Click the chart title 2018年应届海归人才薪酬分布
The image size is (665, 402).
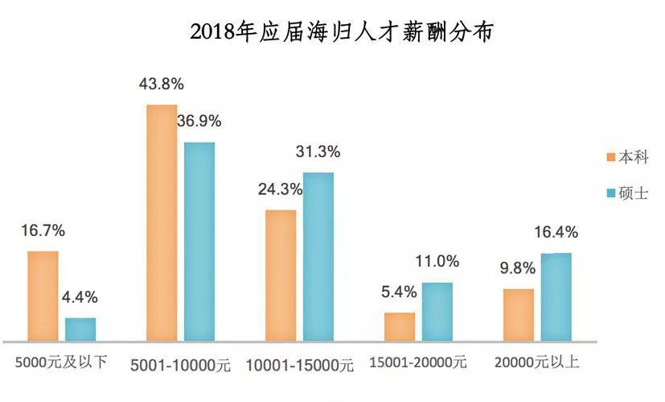[x=342, y=33]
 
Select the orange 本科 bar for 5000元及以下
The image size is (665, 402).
[x=43, y=296]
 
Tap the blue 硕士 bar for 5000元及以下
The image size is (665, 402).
[x=80, y=329]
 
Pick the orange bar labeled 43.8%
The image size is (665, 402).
[x=162, y=223]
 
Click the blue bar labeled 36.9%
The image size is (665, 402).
[x=199, y=242]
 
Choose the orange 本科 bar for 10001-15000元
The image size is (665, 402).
[x=281, y=276]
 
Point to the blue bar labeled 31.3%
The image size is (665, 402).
[x=318, y=257]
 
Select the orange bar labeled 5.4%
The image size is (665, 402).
[x=400, y=327]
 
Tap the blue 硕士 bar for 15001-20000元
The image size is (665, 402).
[x=437, y=312]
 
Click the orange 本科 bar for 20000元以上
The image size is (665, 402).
[x=519, y=315]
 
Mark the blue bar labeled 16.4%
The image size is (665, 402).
[x=556, y=297]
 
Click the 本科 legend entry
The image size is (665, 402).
[x=628, y=157]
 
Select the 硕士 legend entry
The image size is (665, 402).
[x=628, y=193]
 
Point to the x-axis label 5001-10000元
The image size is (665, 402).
[x=180, y=365]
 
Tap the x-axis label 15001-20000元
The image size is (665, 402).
[x=418, y=363]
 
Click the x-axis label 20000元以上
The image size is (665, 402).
[x=537, y=363]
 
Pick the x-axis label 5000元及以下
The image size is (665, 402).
[x=60, y=363]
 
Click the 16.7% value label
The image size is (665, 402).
[x=43, y=230]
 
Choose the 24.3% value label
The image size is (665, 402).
[x=280, y=189]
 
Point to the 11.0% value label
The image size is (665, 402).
[x=437, y=261]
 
